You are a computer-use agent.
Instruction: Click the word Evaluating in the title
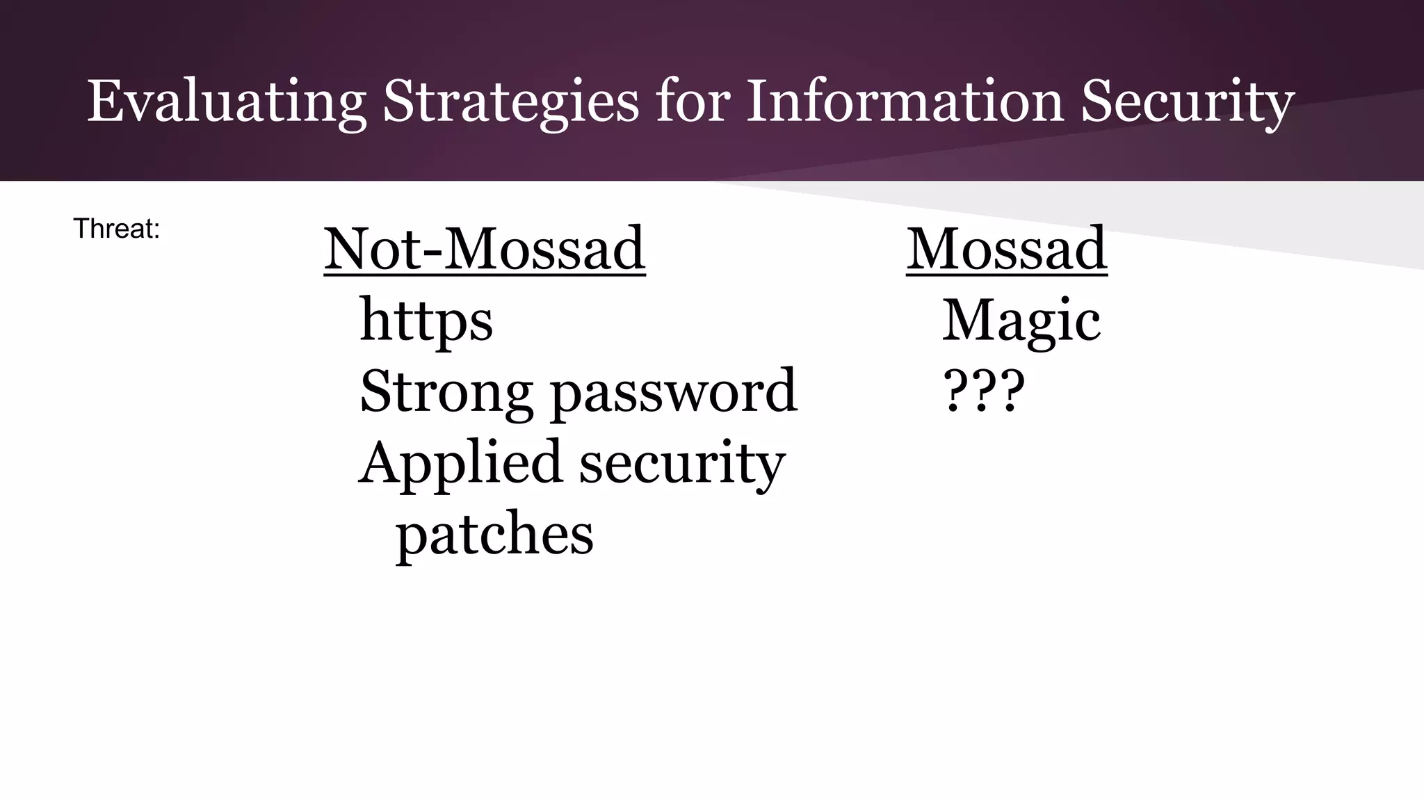[226, 102]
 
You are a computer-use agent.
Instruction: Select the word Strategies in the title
[510, 102]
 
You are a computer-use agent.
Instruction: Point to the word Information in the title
[905, 101]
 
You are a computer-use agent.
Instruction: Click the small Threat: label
[117, 229]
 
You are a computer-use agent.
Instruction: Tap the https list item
[426, 321]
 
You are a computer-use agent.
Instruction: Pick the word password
[674, 392]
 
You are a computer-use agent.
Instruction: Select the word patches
[494, 535]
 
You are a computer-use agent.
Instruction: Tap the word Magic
[1021, 321]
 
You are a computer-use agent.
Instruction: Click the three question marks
[983, 391]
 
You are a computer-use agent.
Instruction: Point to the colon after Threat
[157, 230]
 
